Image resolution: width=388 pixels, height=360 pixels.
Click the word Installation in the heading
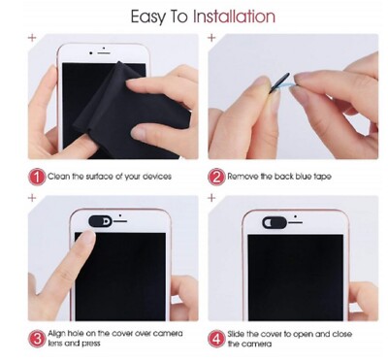235,16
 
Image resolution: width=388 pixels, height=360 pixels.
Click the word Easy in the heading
147,17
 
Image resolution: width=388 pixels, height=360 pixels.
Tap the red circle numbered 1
37,178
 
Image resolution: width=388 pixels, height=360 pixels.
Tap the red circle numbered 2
216,178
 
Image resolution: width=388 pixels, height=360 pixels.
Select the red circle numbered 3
37,339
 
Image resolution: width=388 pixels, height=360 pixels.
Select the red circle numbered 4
216,339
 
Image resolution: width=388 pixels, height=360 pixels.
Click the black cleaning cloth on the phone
129,107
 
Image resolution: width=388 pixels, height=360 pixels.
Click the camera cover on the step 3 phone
100,221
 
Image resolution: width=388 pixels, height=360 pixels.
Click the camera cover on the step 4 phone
275,222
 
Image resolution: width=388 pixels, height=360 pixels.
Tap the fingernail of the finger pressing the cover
86,239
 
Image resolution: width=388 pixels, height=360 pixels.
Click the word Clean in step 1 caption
58,177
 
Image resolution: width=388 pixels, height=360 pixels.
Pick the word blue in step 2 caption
303,177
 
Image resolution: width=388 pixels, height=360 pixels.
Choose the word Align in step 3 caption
56,334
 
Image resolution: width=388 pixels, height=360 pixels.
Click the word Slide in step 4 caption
236,334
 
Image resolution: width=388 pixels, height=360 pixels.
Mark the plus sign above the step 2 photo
211,38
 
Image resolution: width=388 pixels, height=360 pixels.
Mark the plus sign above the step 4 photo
211,198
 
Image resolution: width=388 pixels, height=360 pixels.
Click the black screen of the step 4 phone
295,278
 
